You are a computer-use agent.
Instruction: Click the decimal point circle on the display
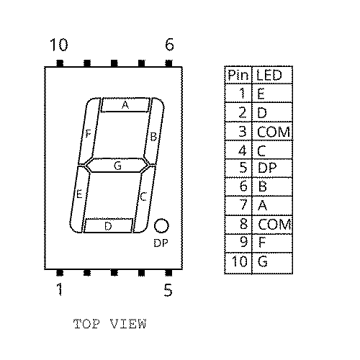(161, 225)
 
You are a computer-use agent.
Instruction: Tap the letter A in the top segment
(125, 105)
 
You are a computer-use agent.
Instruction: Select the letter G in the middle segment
(117, 166)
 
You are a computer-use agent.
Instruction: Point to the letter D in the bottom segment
(108, 226)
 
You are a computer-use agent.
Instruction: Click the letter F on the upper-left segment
(89, 133)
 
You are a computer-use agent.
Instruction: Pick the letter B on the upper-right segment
(153, 137)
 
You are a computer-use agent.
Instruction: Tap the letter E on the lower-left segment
(79, 194)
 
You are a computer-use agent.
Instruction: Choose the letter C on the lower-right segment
(143, 197)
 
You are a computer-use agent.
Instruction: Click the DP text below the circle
(161, 243)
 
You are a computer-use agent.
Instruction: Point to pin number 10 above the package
(59, 45)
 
